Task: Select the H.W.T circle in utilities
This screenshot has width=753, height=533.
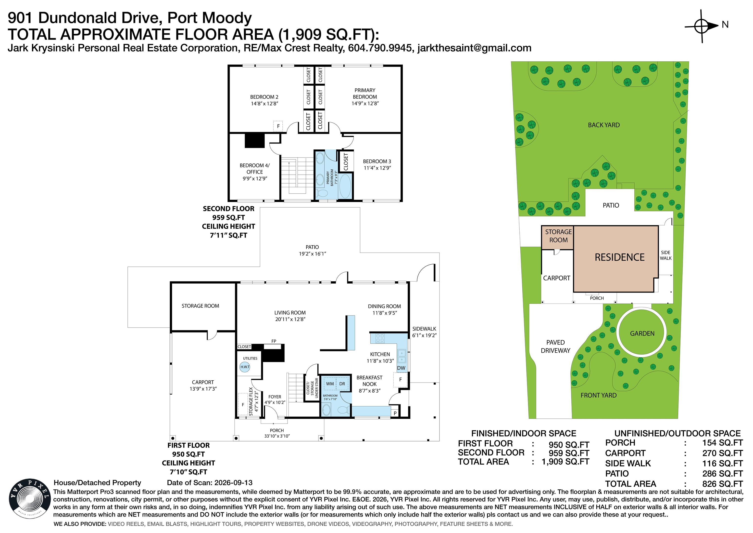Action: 245,367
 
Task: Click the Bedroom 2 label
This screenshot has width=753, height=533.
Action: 264,100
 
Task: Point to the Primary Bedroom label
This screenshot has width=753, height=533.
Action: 365,96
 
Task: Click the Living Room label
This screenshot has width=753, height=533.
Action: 290,316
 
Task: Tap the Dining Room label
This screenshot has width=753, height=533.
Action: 384,309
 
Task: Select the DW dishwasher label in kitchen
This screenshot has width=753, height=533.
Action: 401,368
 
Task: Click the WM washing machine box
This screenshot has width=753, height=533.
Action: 330,384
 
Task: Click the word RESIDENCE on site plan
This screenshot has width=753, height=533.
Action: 619,257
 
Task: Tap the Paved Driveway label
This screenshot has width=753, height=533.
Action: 556,346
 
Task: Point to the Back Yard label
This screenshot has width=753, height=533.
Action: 604,125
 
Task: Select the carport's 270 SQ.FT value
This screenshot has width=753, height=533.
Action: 723,453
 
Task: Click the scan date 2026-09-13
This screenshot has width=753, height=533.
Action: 234,483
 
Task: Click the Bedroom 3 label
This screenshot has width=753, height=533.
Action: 377,164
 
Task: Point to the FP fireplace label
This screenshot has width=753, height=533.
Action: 274,341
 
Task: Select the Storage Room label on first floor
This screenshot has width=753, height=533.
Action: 201,306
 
